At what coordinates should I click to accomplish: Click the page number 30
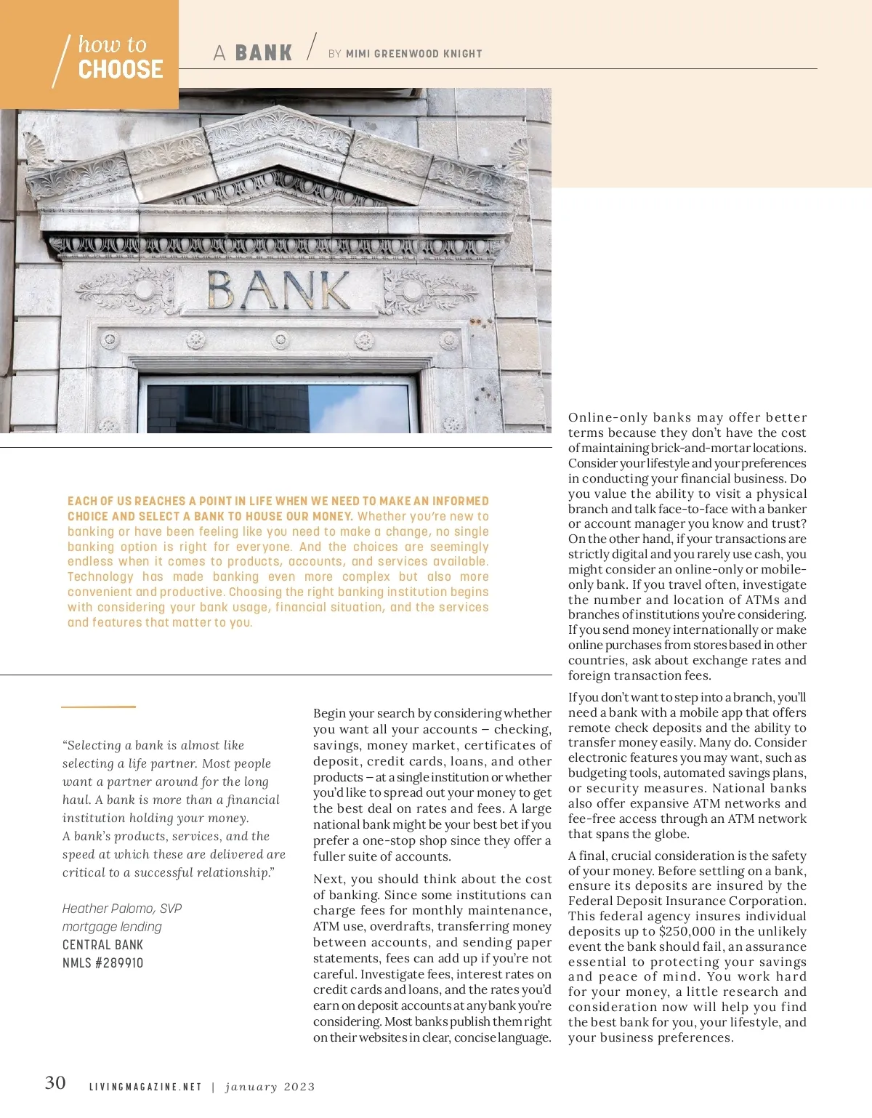click(x=55, y=1083)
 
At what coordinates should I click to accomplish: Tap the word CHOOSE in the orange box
click(x=121, y=70)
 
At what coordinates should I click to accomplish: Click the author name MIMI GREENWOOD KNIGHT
click(x=413, y=54)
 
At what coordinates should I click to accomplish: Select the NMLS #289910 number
click(x=102, y=963)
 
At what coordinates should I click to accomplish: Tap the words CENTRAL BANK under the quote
click(x=102, y=945)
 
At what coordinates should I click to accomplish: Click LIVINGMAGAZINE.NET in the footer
click(x=145, y=1087)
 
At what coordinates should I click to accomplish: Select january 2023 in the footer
click(x=270, y=1087)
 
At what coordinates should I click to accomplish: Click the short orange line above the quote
click(x=98, y=706)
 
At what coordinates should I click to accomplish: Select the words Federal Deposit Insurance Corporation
click(x=687, y=901)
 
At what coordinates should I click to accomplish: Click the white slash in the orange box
click(x=61, y=61)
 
